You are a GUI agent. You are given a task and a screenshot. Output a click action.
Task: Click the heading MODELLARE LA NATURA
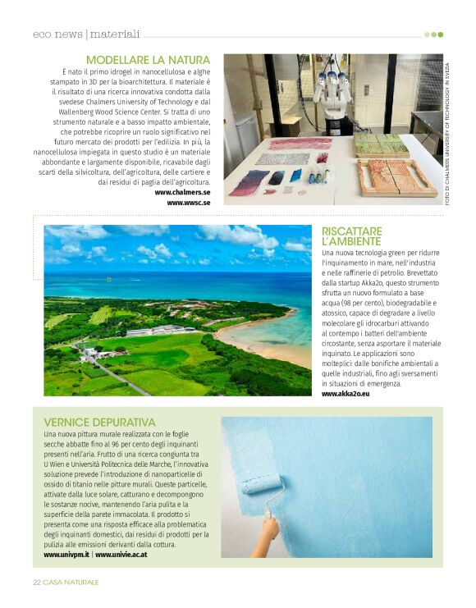[148, 60]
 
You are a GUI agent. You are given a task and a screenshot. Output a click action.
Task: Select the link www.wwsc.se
[189, 202]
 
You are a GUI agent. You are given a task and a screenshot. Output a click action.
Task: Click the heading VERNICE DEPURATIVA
[99, 422]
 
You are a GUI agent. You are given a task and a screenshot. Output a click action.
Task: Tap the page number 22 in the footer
[37, 582]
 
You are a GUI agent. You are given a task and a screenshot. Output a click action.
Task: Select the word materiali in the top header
[115, 34]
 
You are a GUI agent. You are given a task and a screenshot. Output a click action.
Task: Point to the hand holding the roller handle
[270, 533]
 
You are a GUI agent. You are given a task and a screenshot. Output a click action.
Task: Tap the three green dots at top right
[433, 34]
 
